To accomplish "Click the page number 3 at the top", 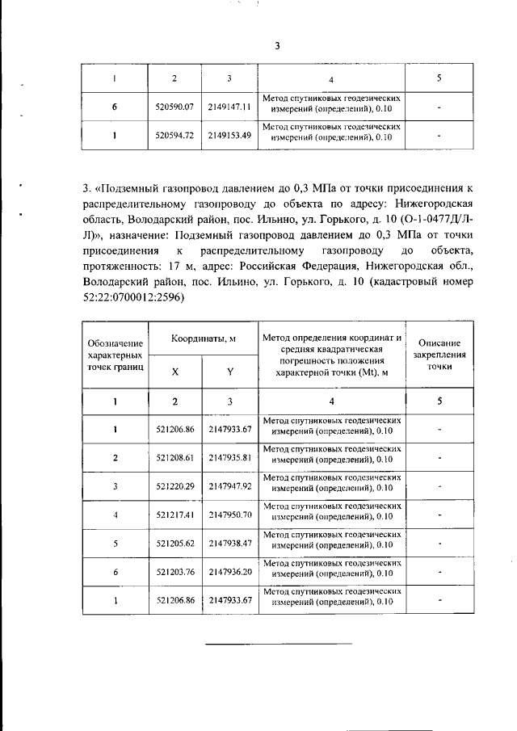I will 275,46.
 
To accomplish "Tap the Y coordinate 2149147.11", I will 229,106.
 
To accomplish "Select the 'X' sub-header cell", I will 175,372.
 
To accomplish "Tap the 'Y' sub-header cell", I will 229,372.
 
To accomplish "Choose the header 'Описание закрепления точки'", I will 439,355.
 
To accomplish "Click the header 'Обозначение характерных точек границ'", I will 116,356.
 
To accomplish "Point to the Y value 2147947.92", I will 230,486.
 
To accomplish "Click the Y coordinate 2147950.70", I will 230,515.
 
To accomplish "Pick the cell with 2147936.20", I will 230,572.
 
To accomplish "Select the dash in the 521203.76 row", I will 439,572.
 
